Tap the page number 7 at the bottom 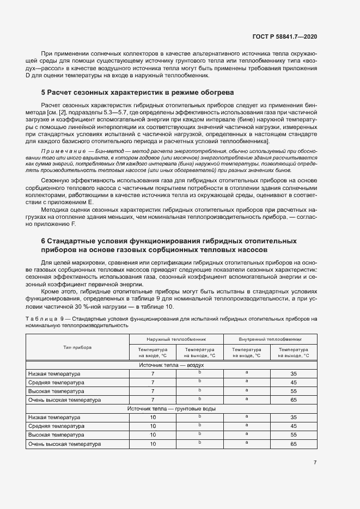point(315,463)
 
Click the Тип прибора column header point(77,347)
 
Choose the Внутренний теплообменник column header point(270,338)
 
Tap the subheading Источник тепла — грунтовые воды point(172,408)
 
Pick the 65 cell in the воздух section point(294,400)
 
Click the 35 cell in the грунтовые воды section point(294,417)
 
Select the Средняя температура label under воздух point(57,383)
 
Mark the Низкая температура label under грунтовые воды point(54,417)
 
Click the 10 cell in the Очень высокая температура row point(153,444)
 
